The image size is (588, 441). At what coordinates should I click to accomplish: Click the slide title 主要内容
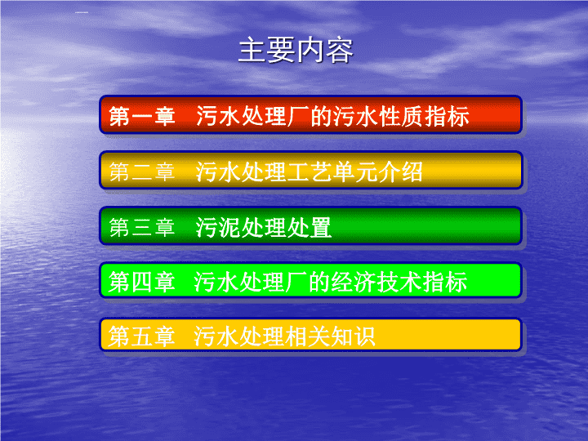pos(296,51)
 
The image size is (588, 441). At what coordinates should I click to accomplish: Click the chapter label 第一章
pos(142,116)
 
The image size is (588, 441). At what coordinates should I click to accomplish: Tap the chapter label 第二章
pos(142,171)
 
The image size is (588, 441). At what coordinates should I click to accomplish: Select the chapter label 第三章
pos(142,227)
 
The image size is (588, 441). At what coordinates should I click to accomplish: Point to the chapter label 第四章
pos(142,282)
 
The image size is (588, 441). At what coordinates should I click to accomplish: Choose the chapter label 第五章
pos(142,336)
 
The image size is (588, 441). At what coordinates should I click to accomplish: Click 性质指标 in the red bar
pos(424,116)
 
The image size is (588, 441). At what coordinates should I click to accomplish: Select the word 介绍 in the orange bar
pos(400,171)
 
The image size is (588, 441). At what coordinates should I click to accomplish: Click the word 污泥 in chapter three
pos(218,227)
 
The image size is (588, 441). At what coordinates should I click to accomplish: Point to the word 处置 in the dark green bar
pos(310,227)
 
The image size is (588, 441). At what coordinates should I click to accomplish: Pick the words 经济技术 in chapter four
pos(376,282)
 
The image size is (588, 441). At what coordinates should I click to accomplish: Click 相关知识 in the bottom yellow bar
pos(330,336)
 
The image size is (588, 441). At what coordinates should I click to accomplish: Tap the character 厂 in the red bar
pos(299,116)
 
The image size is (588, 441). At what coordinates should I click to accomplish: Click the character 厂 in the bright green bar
pos(296,282)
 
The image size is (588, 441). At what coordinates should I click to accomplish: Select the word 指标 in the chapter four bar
pos(445,282)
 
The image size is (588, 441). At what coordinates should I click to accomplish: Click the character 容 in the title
pos(340,51)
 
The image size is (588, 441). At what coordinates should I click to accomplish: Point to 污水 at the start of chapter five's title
pos(216,336)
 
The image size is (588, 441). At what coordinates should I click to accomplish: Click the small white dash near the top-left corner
pos(82,12)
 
